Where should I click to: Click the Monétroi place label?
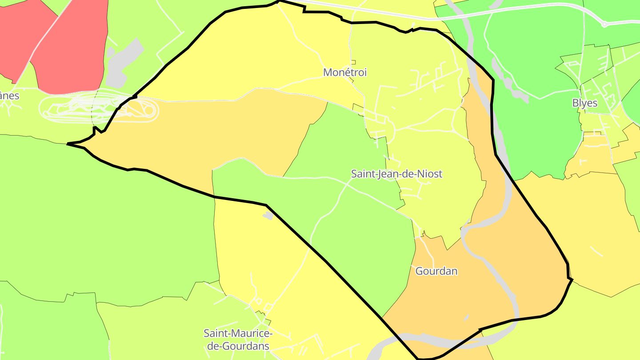click(x=345, y=72)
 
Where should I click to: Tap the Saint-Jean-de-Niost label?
click(x=396, y=174)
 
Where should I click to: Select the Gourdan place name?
click(x=436, y=271)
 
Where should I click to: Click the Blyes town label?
click(x=584, y=103)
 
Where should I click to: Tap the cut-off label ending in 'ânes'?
click(x=9, y=96)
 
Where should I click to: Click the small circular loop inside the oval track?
click(x=149, y=110)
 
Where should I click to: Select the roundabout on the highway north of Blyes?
click(x=604, y=24)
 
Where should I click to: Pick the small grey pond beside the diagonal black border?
click(x=268, y=216)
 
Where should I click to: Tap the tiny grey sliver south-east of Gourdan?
click(x=466, y=317)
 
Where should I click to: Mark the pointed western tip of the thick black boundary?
click(x=68, y=144)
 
